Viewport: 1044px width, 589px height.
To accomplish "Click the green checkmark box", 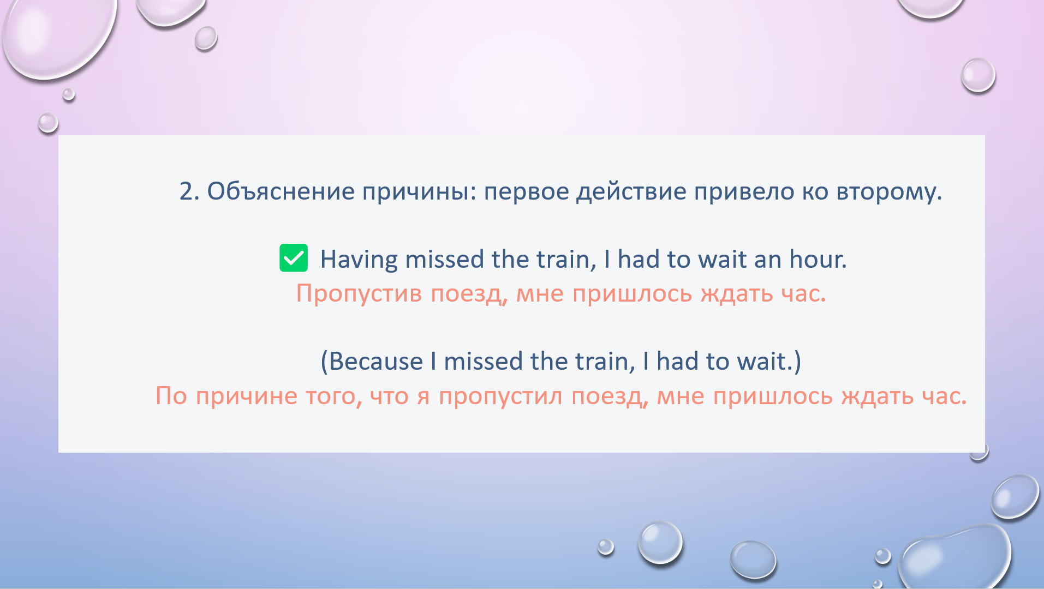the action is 294,257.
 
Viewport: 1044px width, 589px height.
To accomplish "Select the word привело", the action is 744,191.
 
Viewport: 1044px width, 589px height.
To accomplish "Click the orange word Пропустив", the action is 359,294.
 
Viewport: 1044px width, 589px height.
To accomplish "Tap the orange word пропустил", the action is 500,396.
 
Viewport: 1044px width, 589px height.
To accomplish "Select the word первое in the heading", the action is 527,192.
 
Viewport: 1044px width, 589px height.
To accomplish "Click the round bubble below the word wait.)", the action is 660,543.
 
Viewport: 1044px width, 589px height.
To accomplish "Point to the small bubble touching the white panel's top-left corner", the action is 48,123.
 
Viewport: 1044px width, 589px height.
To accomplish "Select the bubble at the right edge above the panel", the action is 978,75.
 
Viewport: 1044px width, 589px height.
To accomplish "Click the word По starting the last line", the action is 171,396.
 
